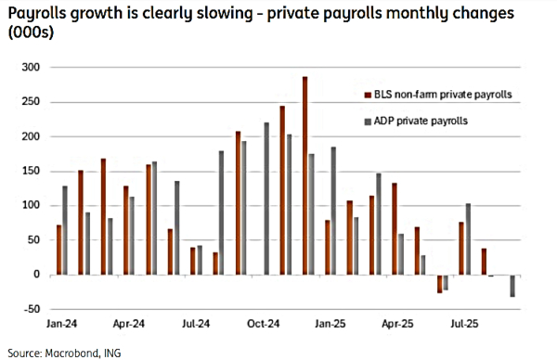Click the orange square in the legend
point(368,94)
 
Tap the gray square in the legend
point(368,122)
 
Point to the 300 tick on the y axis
point(32,68)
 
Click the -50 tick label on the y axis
point(32,309)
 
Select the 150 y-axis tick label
point(32,172)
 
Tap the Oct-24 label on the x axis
point(264,326)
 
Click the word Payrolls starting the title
point(35,14)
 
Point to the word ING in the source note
point(111,352)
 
